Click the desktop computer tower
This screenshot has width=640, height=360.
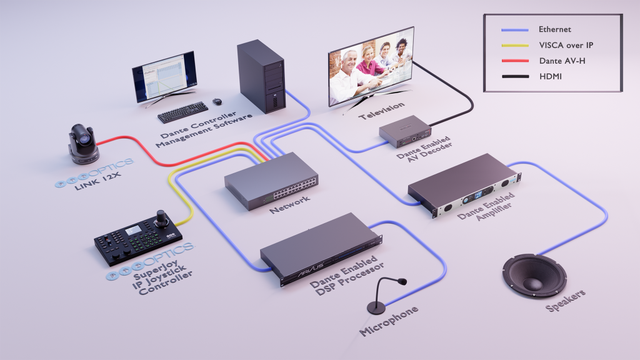pos(261,77)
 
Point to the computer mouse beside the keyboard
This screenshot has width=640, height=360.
pos(217,101)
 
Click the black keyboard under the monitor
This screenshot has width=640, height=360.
pos(182,112)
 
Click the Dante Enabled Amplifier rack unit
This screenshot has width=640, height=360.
pos(462,184)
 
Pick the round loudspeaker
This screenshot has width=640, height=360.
pos(534,275)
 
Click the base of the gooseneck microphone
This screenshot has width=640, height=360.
pos(376,307)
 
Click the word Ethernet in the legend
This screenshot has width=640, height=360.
pos(555,29)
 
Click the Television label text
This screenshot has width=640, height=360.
pos(381,111)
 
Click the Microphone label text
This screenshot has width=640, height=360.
pos(389,321)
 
